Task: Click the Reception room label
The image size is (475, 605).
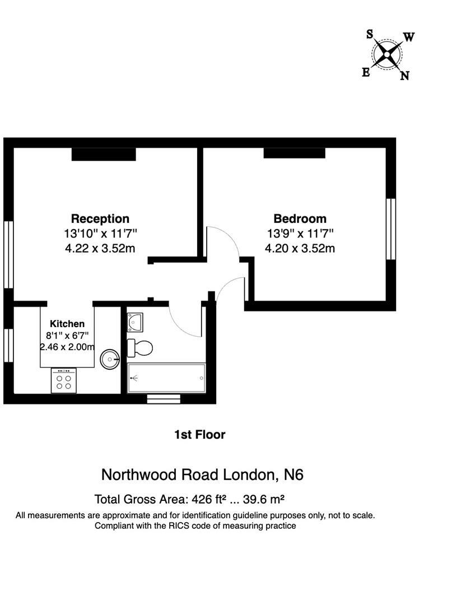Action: (x=100, y=218)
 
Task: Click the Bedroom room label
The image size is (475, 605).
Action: (x=300, y=218)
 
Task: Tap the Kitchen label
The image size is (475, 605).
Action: (x=67, y=324)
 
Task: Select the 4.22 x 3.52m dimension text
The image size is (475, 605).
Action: (x=100, y=248)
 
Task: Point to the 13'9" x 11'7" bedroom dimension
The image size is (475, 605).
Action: (x=300, y=233)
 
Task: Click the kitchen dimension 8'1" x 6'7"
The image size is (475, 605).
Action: (x=67, y=336)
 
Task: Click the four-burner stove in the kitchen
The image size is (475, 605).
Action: (x=64, y=380)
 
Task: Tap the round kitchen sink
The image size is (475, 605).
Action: (x=110, y=359)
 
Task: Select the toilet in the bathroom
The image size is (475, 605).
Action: (x=139, y=348)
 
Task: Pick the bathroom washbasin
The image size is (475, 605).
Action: (x=135, y=322)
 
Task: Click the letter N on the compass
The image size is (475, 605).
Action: (x=404, y=76)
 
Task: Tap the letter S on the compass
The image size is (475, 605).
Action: (x=370, y=35)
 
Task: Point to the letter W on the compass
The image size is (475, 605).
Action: (x=409, y=38)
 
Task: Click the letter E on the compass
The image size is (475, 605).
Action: (x=366, y=72)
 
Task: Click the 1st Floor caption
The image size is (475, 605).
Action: (x=200, y=434)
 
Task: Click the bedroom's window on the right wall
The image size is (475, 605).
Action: (x=391, y=229)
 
